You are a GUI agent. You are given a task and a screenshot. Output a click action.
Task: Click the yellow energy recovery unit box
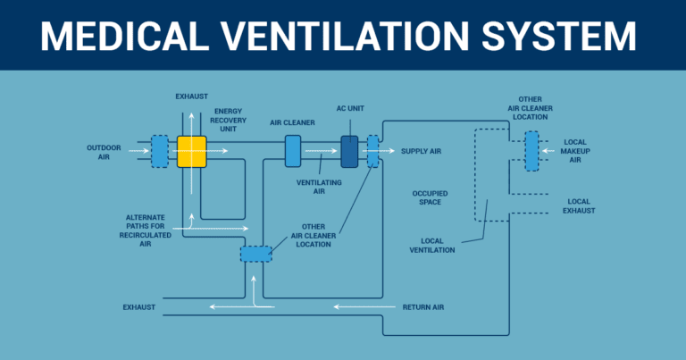pyautogui.click(x=191, y=152)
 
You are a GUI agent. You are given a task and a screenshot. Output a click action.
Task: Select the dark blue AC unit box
pyautogui.click(x=349, y=151)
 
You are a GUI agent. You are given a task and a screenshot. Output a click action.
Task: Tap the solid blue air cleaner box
pyautogui.click(x=293, y=151)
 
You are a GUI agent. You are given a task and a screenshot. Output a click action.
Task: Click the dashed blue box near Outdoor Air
pyautogui.click(x=159, y=151)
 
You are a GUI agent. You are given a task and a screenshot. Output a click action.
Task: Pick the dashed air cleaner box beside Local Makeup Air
pyautogui.click(x=531, y=151)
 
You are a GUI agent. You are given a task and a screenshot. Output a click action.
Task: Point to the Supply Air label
pyautogui.click(x=421, y=152)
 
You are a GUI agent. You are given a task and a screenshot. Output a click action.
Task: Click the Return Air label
pyautogui.click(x=423, y=307)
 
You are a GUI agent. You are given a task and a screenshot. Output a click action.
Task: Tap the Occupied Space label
pyautogui.click(x=430, y=197)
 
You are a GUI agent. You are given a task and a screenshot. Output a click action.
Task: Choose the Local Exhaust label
pyautogui.click(x=581, y=205)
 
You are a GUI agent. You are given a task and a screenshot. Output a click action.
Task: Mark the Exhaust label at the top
pyautogui.click(x=192, y=96)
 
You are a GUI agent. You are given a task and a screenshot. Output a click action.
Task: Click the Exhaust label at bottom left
pyautogui.click(x=139, y=307)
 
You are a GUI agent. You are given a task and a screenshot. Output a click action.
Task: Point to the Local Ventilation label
pyautogui.click(x=438, y=245)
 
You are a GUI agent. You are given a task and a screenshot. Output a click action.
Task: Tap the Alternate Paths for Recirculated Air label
pyautogui.click(x=145, y=230)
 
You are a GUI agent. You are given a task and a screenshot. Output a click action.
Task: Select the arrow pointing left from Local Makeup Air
pyautogui.click(x=549, y=151)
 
